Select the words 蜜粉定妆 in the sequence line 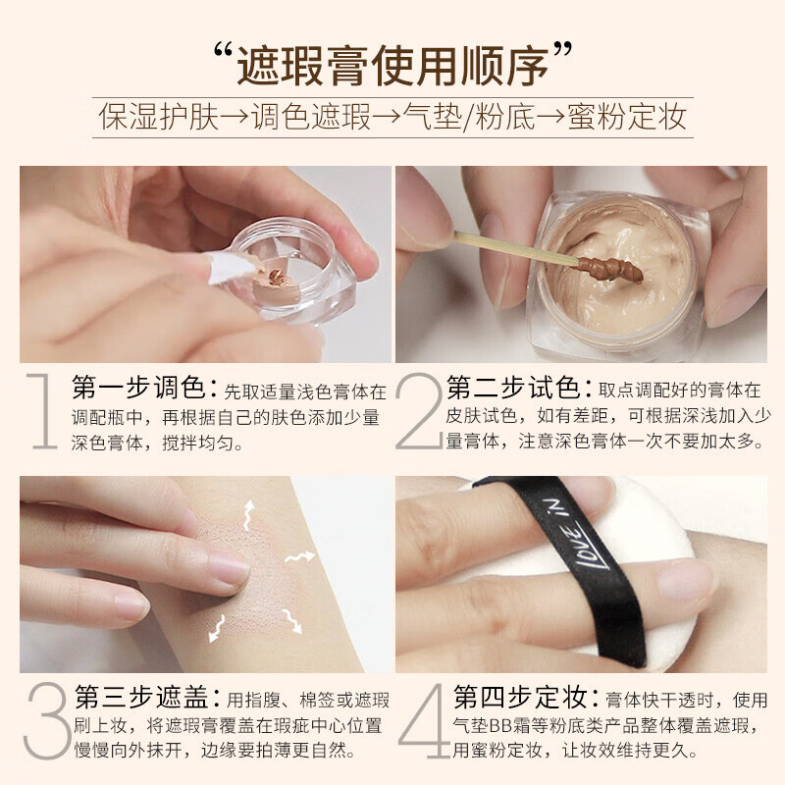(x=628, y=119)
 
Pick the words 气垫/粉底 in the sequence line (x=471, y=119)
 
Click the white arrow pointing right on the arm (x=298, y=558)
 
